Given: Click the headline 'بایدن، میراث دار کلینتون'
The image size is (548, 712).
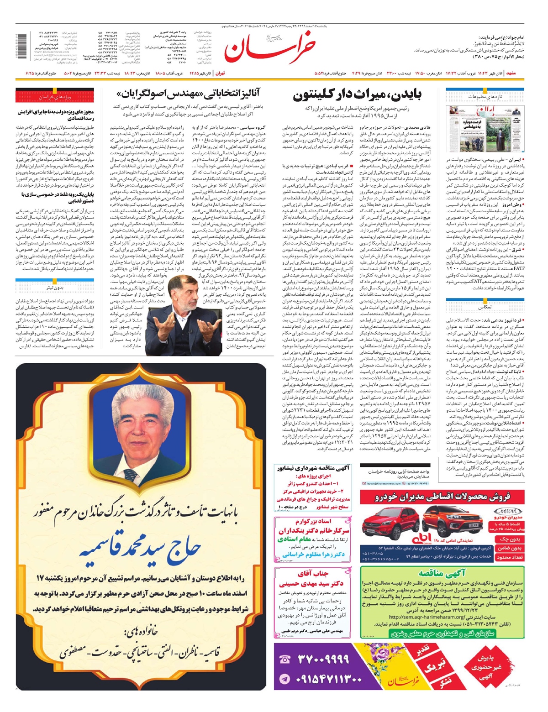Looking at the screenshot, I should pos(357,95).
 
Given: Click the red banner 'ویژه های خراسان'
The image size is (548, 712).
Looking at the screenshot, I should pos(55,97).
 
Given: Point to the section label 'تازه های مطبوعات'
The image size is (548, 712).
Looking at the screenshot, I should pos(485,97).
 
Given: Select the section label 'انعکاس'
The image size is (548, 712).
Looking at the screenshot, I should pos(485,307).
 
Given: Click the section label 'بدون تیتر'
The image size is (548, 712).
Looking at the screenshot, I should pos(55,288).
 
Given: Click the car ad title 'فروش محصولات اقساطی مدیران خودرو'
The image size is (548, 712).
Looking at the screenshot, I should pos(442,497).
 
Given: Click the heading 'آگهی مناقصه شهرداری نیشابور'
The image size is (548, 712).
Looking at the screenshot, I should pos(313,468).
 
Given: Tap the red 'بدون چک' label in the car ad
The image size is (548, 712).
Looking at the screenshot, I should pos(510,539).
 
